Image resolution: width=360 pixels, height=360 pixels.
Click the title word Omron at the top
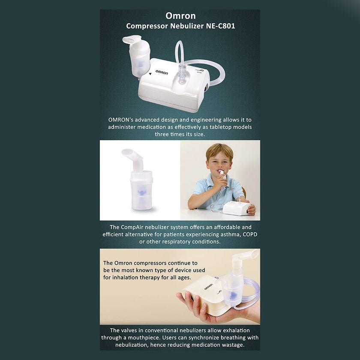[x=180, y=16]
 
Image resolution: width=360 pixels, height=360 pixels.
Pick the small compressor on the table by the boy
[x=235, y=208]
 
